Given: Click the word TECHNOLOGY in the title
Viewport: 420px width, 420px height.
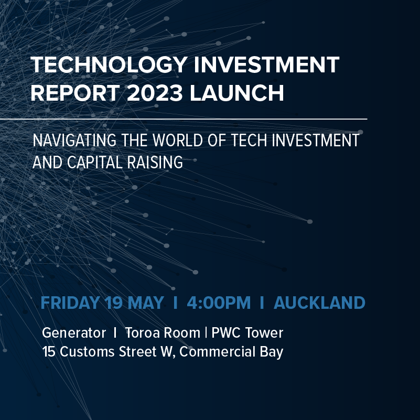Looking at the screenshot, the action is (x=109, y=64).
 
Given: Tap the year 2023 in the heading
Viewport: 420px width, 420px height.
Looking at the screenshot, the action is (x=155, y=93).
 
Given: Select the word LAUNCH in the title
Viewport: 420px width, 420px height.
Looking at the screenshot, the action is (x=237, y=93).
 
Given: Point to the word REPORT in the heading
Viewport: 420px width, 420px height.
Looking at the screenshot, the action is (x=75, y=93).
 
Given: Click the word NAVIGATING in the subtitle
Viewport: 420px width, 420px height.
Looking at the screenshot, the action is (x=74, y=140).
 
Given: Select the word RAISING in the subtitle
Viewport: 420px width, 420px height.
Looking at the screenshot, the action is (x=155, y=163).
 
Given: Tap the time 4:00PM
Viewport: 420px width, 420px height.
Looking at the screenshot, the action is (x=219, y=303).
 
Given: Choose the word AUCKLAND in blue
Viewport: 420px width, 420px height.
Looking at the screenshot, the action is (x=319, y=303).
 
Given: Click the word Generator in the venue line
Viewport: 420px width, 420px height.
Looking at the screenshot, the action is (x=74, y=332).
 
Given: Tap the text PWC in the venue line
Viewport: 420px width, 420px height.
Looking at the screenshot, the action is (x=227, y=332).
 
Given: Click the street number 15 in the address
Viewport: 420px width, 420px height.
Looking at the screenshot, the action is (x=49, y=351).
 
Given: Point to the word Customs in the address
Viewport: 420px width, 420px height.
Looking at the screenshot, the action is (x=87, y=351).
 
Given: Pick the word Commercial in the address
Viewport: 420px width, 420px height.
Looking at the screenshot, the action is (x=217, y=351).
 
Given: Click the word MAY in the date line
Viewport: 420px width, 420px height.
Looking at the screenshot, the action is (x=145, y=303).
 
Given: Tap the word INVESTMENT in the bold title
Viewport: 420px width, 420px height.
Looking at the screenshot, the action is (x=266, y=64).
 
